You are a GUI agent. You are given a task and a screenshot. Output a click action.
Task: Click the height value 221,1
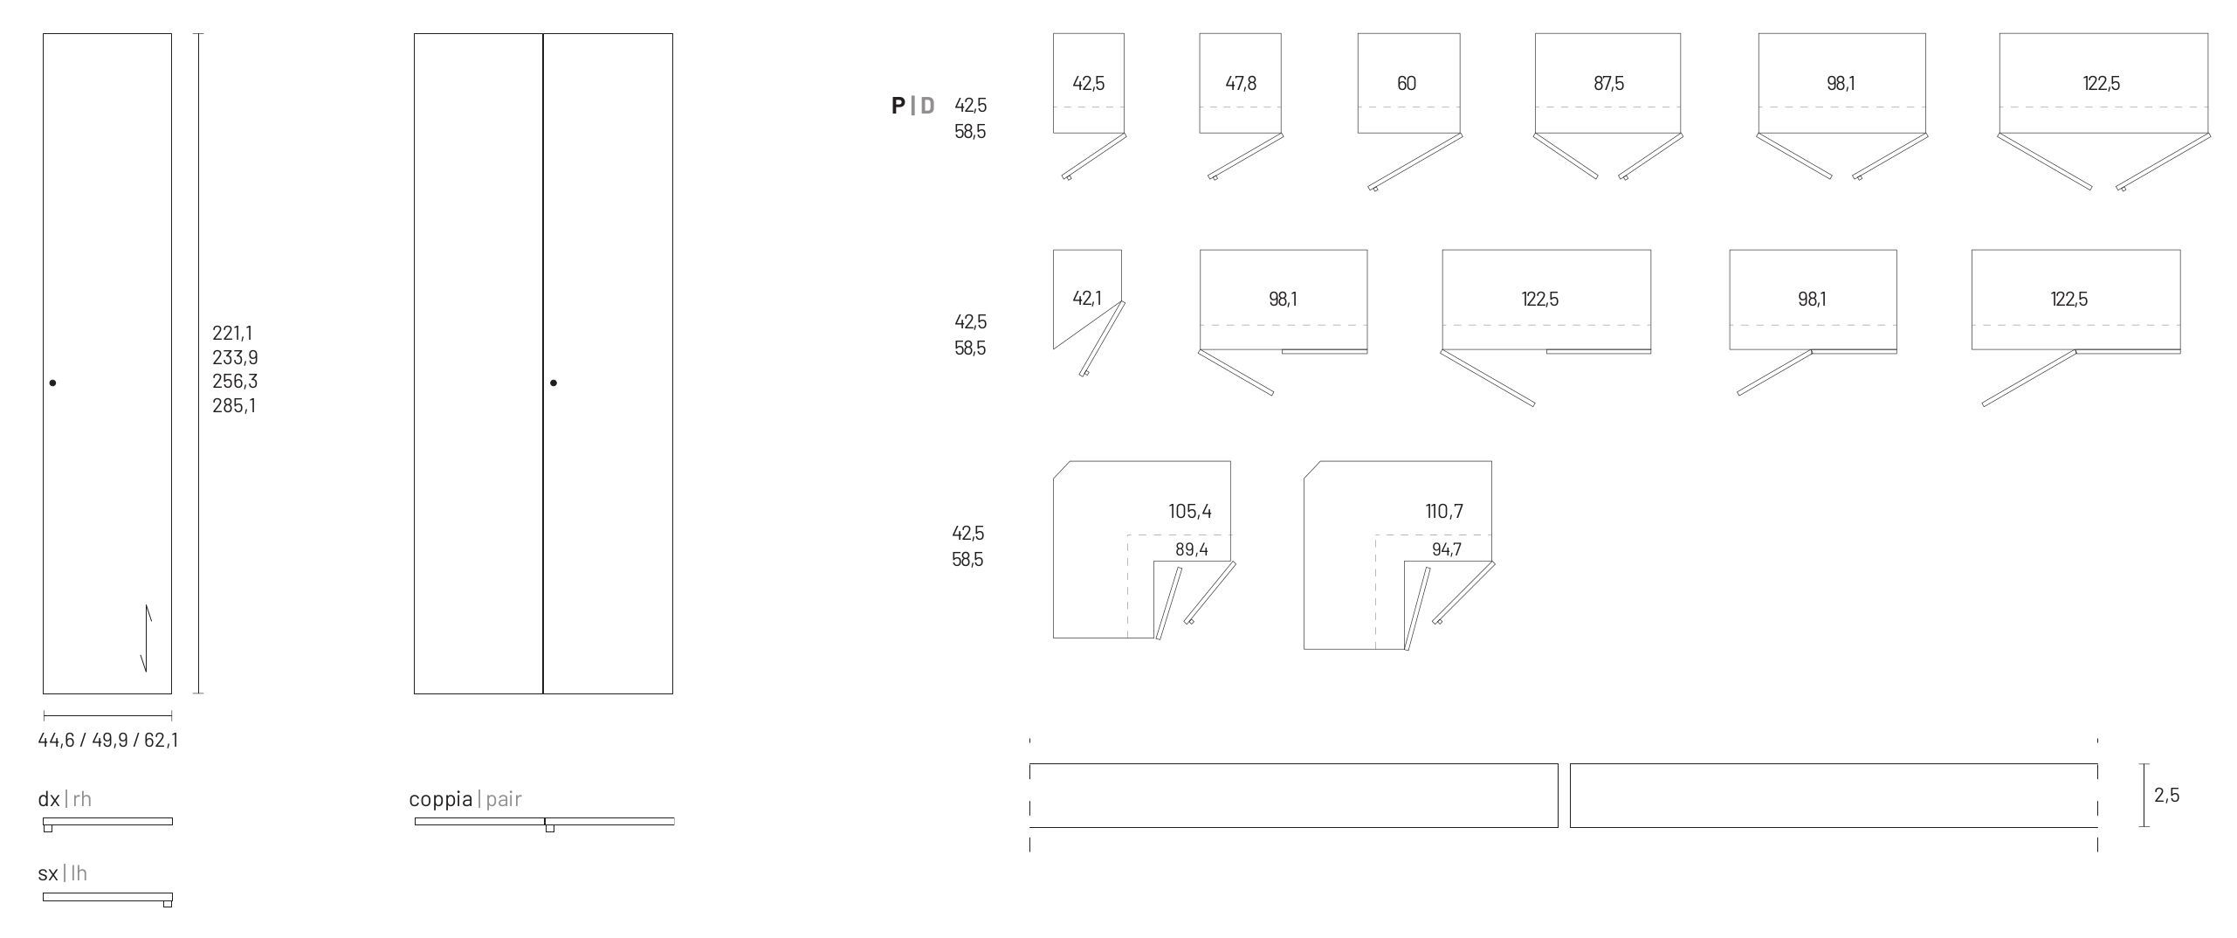(x=232, y=333)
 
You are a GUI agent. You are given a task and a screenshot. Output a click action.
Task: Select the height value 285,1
(x=234, y=405)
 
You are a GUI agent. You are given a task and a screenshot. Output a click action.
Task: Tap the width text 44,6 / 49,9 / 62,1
(x=108, y=741)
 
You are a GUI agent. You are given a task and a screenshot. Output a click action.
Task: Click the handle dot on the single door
(x=53, y=383)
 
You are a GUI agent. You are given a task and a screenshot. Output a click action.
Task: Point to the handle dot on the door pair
(x=554, y=383)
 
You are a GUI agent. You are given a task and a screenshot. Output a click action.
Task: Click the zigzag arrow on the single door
(x=147, y=638)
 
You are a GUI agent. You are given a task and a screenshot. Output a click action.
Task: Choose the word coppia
(x=441, y=798)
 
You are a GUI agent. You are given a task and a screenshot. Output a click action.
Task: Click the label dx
(x=49, y=798)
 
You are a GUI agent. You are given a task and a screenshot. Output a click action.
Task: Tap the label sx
(x=48, y=873)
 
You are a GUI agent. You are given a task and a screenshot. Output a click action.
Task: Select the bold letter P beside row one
(x=898, y=106)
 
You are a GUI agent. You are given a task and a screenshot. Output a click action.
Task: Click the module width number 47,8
(x=1241, y=83)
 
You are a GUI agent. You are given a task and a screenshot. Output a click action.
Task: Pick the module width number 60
(x=1407, y=83)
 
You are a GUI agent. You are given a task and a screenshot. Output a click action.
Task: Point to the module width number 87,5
(x=1608, y=83)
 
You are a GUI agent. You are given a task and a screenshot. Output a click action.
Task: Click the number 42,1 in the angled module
(x=1087, y=299)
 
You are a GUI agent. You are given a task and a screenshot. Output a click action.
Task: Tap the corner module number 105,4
(x=1190, y=511)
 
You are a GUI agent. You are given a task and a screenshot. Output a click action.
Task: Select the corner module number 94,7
(x=1447, y=549)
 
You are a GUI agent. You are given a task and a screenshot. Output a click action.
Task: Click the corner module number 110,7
(x=1444, y=511)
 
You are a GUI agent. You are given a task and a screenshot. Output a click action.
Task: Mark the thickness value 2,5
(x=2167, y=795)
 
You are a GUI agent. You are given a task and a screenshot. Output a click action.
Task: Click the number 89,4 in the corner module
(x=1192, y=549)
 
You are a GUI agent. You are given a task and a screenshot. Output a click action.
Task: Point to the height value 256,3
(x=235, y=381)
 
